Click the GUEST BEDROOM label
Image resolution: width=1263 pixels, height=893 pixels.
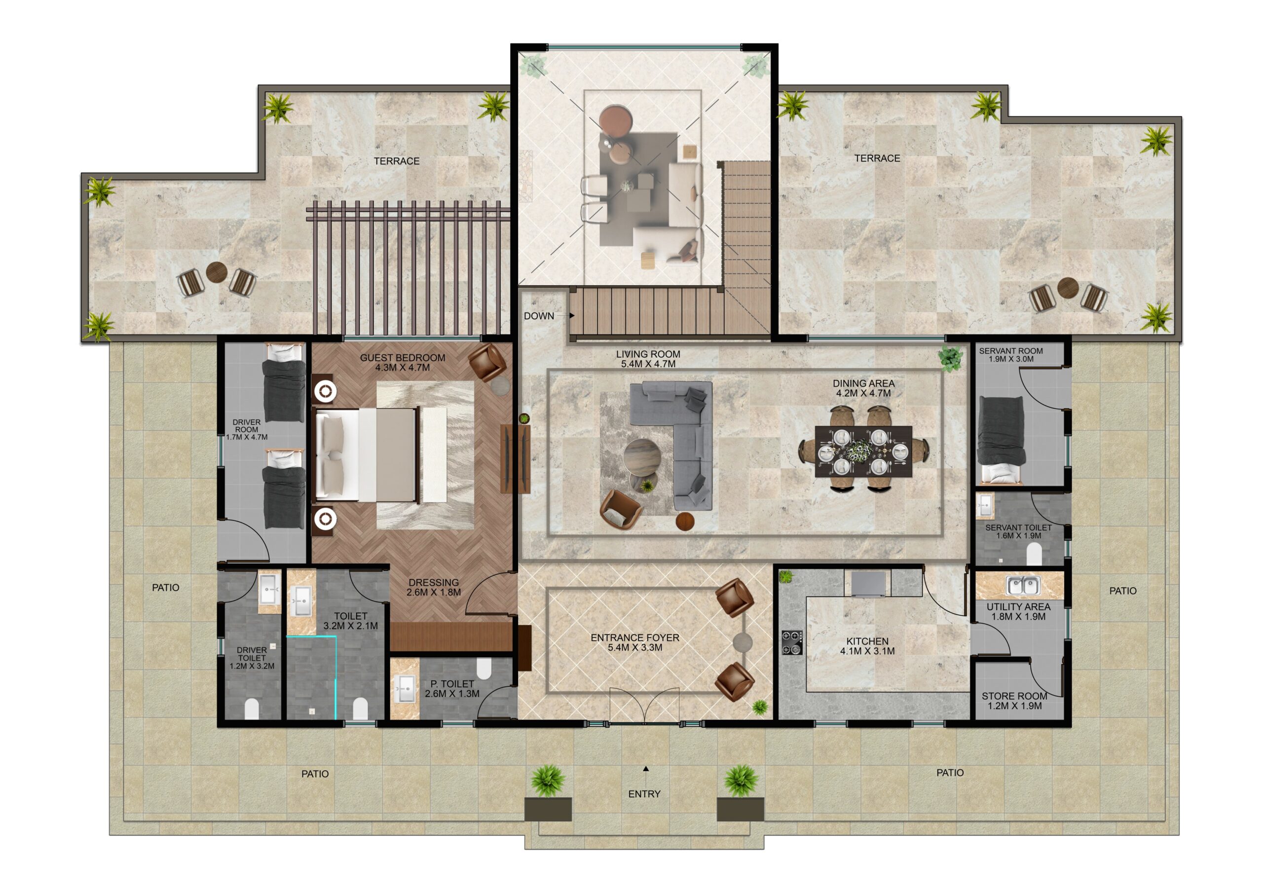pos(403,358)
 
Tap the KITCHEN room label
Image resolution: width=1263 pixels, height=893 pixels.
pos(867,641)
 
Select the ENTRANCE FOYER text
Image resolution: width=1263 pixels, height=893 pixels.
pos(635,638)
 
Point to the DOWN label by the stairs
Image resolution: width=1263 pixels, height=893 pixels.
pos(539,316)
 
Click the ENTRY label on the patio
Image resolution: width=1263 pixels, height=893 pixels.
pos(644,794)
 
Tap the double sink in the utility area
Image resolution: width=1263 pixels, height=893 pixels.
pos(1022,586)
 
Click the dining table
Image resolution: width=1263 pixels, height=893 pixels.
pos(863,452)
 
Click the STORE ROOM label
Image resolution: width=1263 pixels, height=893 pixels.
pos(1014,696)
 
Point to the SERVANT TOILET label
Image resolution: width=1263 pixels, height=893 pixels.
pos(1018,527)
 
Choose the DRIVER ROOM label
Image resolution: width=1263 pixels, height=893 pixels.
pos(247,425)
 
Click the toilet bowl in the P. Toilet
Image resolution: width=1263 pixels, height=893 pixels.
pos(484,669)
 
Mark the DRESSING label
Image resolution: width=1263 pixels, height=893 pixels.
pos(434,582)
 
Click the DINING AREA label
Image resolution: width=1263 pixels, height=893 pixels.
pos(863,383)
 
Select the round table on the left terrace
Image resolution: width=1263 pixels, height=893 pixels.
pos(217,272)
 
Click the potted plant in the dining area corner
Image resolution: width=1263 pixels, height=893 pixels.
pos(951,358)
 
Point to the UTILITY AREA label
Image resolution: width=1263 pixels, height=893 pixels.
pos(1018,607)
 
